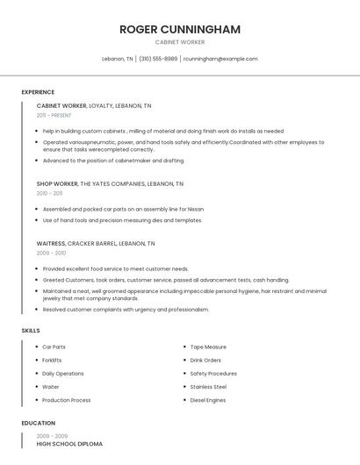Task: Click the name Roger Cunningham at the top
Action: [180, 30]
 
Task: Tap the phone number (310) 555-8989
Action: [158, 59]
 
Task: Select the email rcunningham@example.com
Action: [220, 59]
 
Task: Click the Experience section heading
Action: [38, 92]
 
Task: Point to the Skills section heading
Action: [31, 330]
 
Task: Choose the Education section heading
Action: [39, 423]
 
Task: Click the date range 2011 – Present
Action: [54, 115]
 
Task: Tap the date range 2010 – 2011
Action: [49, 193]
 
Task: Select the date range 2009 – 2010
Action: [51, 253]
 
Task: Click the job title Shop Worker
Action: [56, 184]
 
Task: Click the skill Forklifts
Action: [52, 361]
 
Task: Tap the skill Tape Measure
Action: [208, 347]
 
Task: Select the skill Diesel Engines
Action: [208, 400]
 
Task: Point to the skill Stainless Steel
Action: [208, 387]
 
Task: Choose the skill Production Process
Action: [67, 400]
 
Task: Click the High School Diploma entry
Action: [69, 444]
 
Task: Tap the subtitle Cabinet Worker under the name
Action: [180, 42]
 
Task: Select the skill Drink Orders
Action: [205, 361]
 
